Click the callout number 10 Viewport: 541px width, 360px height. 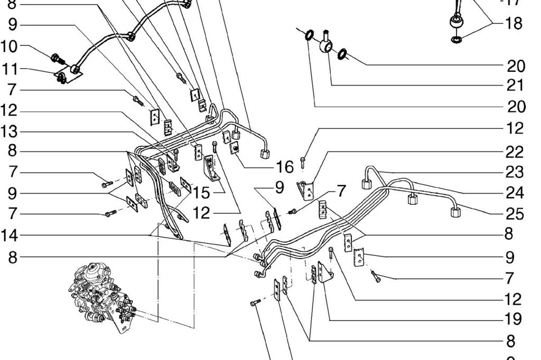tap(16, 46)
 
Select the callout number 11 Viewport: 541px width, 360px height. tap(16, 69)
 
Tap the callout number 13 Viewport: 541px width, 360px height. tap(16, 131)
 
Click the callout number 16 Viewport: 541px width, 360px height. tap(284, 167)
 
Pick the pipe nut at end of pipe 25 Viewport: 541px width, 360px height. tap(455, 212)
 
